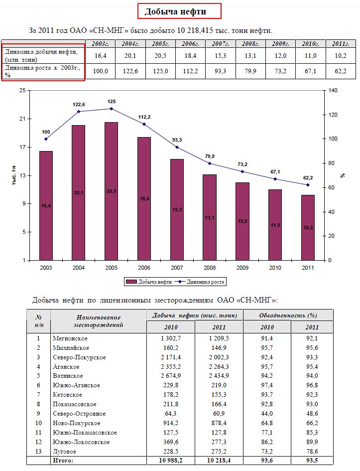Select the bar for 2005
click(x=112, y=191)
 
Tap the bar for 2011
click(x=308, y=227)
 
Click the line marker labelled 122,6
click(x=79, y=111)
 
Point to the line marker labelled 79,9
click(x=210, y=163)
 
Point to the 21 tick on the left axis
click(x=22, y=119)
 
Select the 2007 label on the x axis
click(x=177, y=268)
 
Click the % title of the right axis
click(x=343, y=175)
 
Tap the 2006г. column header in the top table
click(x=190, y=44)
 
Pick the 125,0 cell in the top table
click(x=160, y=71)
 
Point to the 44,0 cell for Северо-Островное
click(x=267, y=414)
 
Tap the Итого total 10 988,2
click(x=170, y=461)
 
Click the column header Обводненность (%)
click(x=288, y=315)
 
